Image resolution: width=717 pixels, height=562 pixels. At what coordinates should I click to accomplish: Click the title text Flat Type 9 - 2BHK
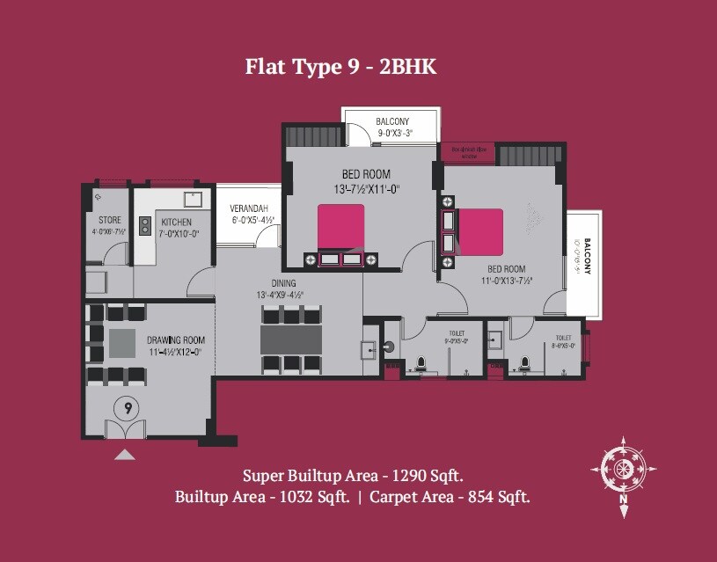pos(340,68)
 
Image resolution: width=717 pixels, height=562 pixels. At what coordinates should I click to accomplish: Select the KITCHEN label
pos(176,223)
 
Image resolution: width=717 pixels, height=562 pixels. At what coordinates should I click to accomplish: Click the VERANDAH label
pos(247,208)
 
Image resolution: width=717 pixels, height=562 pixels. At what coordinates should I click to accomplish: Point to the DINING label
pos(282,283)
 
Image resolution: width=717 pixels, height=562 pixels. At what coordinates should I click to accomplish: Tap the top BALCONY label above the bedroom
pos(391,121)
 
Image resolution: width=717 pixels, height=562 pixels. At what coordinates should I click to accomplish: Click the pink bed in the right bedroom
pos(481,231)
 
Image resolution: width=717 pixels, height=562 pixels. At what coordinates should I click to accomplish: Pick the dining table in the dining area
pos(291,339)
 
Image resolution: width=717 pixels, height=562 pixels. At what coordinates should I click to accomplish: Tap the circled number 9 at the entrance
pos(128,408)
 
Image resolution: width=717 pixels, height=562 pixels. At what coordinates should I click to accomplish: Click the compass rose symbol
pos(624,469)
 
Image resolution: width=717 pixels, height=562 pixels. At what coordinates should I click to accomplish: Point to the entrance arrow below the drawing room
pos(126,455)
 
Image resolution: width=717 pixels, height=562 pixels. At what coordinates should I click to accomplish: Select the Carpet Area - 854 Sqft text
pos(450,497)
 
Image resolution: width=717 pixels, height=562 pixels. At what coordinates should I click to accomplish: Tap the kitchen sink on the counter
pos(192,199)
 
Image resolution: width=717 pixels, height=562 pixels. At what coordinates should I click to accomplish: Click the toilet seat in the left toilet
pos(421,362)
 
